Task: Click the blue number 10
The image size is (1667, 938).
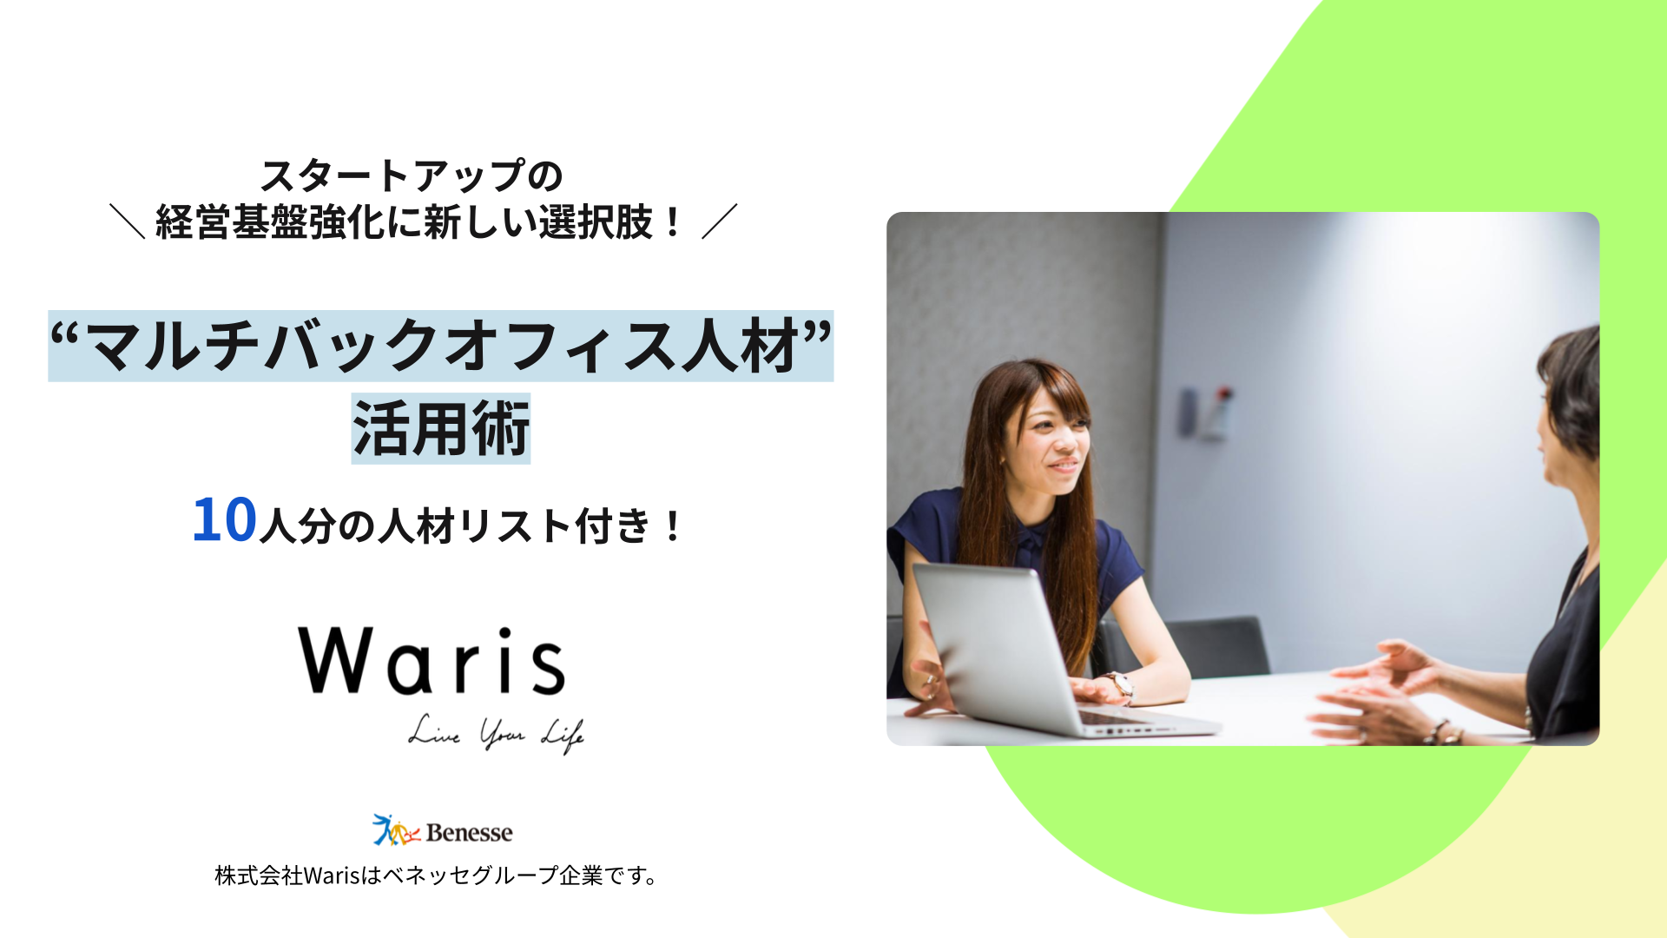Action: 224,520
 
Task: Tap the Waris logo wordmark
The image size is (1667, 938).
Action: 432,661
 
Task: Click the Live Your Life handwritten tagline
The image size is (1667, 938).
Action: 496,734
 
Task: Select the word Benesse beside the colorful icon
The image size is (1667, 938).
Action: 469,833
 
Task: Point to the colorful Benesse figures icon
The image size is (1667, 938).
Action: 396,830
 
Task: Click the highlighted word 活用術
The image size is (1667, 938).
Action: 441,429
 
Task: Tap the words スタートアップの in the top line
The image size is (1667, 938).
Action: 412,176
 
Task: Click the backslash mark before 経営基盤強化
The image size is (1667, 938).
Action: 127,221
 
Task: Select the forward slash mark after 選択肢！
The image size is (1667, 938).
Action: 720,221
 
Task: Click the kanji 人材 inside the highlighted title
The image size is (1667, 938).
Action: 741,346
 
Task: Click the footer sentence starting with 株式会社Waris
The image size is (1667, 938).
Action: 436,875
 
